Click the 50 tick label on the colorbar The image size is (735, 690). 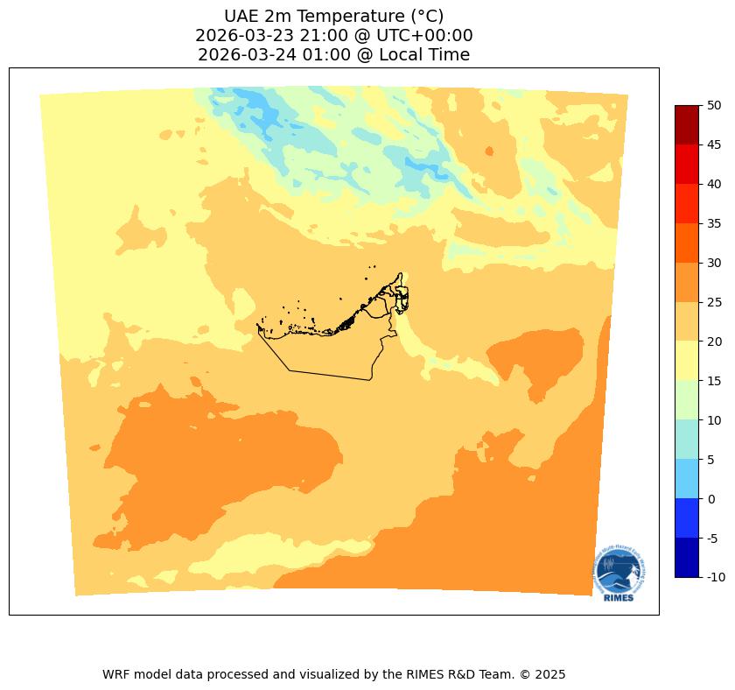715,105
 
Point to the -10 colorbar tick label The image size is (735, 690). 717,577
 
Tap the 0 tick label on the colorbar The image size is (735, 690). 711,498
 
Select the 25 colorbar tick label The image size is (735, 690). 715,302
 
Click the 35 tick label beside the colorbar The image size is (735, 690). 715,223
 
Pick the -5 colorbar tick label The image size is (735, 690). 714,538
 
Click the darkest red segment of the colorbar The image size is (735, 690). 687,124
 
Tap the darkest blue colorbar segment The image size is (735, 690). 687,558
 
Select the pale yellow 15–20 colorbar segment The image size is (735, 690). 687,361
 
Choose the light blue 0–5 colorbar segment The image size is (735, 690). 687,479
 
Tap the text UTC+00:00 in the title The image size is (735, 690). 423,35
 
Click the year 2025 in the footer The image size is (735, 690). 551,674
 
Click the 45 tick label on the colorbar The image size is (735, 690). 715,144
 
